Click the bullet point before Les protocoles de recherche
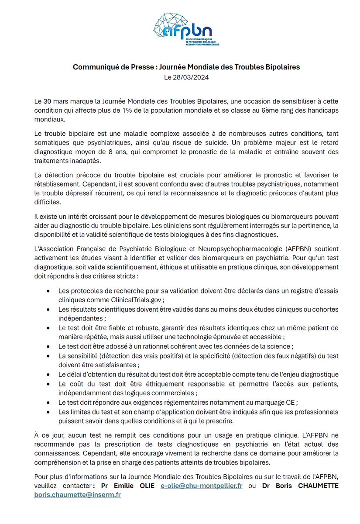(48, 291)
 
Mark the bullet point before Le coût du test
(48, 384)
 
